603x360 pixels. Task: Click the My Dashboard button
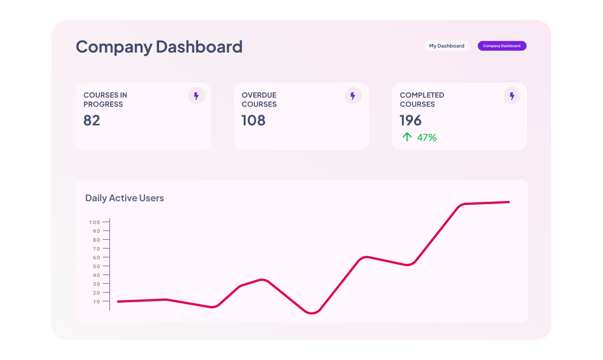point(446,46)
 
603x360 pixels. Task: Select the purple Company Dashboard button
point(502,46)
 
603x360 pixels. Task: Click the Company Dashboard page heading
point(159,47)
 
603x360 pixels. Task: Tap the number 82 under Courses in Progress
point(92,121)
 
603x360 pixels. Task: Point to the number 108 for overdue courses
point(253,121)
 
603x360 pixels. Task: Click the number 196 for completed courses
point(410,121)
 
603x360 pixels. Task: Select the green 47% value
point(427,137)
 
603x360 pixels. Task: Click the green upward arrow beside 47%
point(406,137)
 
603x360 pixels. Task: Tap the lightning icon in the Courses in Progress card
point(197,96)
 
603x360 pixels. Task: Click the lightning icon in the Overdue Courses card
point(353,96)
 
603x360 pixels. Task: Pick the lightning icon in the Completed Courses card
point(512,96)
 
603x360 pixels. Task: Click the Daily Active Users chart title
point(125,198)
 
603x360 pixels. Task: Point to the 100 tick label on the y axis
point(94,222)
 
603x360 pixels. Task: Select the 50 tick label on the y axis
point(96,266)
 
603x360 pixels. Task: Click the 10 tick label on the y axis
point(96,302)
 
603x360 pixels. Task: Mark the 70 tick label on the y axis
point(96,248)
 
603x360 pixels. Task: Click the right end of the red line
point(508,202)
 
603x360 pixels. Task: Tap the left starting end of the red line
point(119,302)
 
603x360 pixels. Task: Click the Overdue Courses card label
point(259,99)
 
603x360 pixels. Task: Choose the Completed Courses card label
point(422,99)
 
